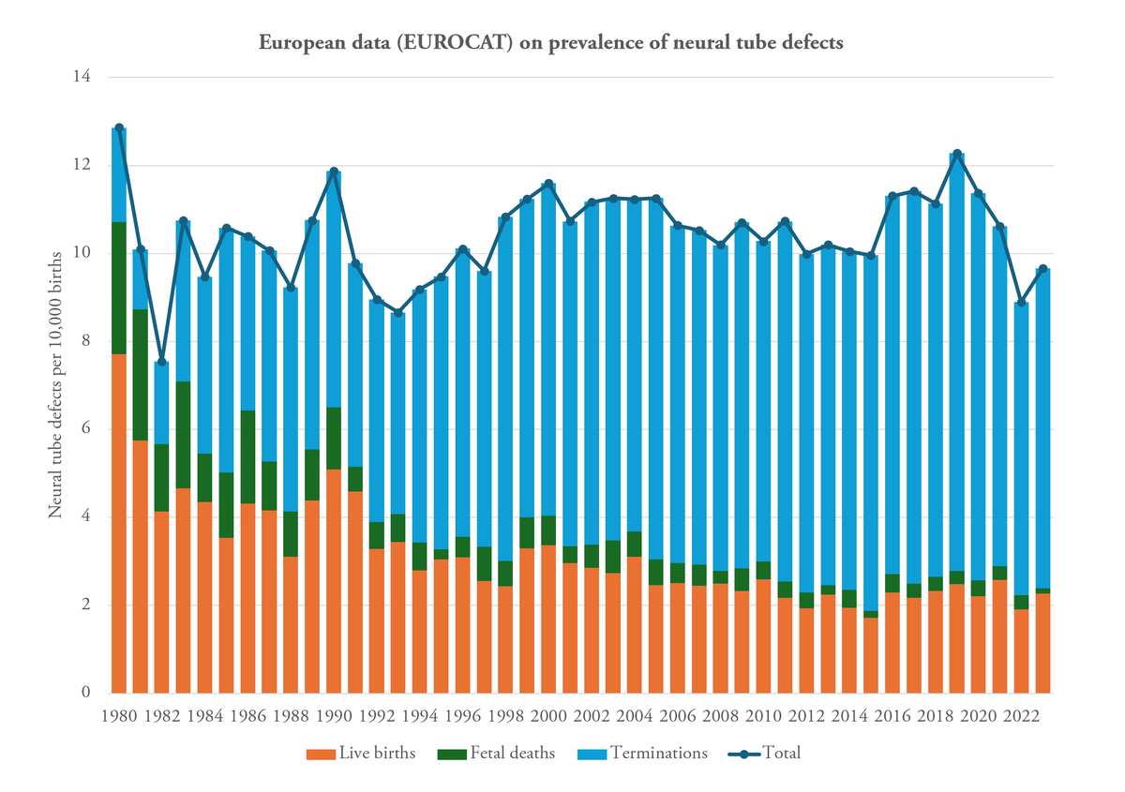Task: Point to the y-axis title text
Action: coord(55,385)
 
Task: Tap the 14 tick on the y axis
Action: coord(82,77)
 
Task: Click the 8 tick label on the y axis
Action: coord(84,341)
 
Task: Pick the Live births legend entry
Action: coord(361,754)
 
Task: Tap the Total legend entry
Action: coord(764,754)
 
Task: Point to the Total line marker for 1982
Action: coord(162,362)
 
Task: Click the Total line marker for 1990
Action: coord(335,172)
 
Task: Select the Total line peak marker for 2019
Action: coord(957,153)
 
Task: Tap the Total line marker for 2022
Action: coord(1022,302)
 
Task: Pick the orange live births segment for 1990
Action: coord(335,581)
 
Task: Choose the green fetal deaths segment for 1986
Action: coord(248,457)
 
